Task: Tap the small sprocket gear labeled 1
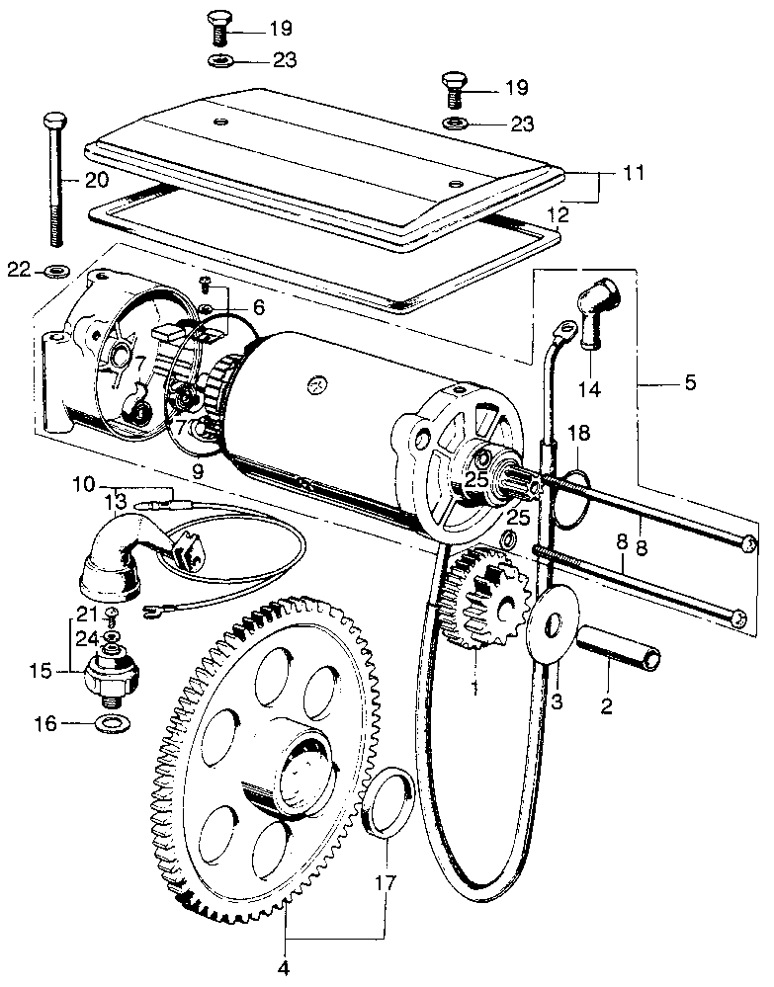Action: click(x=481, y=603)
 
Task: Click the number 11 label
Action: click(x=635, y=174)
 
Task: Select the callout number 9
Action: click(x=198, y=472)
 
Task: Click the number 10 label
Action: click(x=85, y=484)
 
